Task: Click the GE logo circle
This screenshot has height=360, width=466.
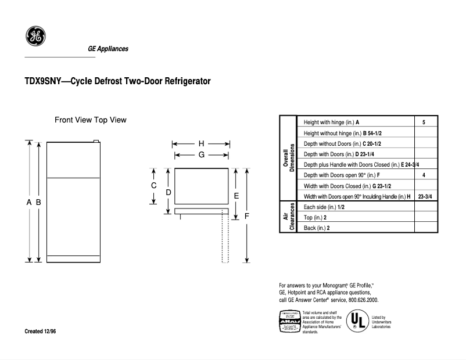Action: point(35,37)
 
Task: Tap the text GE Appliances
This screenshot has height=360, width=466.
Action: point(108,49)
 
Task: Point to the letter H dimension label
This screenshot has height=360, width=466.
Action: point(201,143)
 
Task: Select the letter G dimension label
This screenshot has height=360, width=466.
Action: point(201,155)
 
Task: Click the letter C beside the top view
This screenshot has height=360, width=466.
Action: point(154,186)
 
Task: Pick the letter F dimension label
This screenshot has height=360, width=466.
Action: point(247,216)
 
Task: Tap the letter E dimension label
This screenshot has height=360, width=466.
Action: point(236,196)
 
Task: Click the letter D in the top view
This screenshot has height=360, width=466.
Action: point(168,192)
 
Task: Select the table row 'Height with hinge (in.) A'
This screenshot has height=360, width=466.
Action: point(331,123)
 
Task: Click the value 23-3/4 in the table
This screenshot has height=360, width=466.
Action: point(424,196)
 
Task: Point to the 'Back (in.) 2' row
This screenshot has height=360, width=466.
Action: point(317,228)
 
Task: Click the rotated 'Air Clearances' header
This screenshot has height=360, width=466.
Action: point(289,218)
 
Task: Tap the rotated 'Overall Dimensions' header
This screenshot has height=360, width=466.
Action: point(289,159)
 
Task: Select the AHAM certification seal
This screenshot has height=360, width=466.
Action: point(290,322)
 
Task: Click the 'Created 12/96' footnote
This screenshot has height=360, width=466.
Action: point(41,331)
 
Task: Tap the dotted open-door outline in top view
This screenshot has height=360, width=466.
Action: point(225,238)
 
